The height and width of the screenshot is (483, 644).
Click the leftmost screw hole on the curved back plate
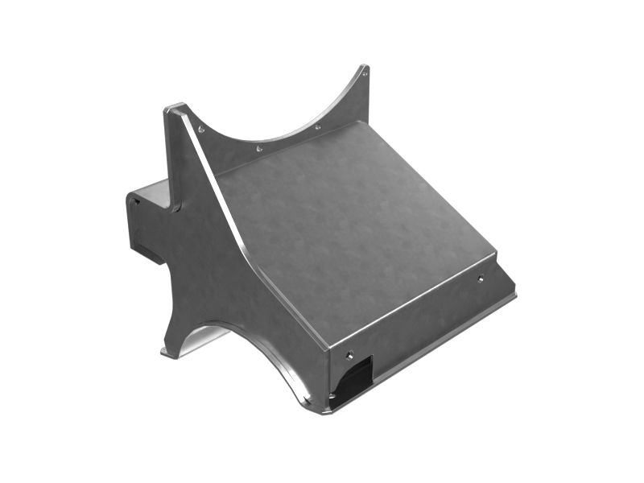(x=200, y=129)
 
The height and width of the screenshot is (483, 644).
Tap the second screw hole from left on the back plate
(x=258, y=148)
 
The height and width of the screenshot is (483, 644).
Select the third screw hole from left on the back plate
(x=317, y=127)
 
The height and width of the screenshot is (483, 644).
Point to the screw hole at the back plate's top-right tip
(x=365, y=73)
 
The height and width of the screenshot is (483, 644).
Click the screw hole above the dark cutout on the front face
(x=349, y=353)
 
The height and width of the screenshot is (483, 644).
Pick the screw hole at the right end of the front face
(x=481, y=279)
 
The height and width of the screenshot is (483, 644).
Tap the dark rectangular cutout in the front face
(x=354, y=378)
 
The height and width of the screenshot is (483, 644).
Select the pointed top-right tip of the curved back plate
(x=365, y=68)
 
